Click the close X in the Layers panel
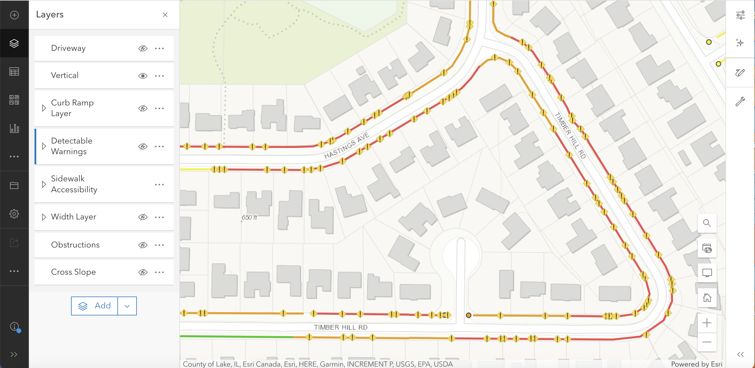click(165, 15)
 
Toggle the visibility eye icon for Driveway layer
click(143, 48)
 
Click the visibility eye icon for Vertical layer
click(143, 76)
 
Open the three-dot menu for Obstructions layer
click(159, 245)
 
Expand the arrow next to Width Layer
click(44, 217)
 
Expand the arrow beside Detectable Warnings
click(44, 146)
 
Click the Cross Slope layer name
click(73, 272)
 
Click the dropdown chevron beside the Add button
click(127, 306)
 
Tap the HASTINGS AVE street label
click(347, 146)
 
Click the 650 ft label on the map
click(249, 218)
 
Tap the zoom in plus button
click(707, 323)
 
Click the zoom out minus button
click(707, 342)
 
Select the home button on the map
click(707, 298)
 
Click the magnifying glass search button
click(707, 223)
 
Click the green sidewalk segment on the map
click(236, 336)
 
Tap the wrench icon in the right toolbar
click(740, 102)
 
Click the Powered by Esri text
click(697, 364)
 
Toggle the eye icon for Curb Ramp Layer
click(143, 108)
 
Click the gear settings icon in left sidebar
click(14, 214)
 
